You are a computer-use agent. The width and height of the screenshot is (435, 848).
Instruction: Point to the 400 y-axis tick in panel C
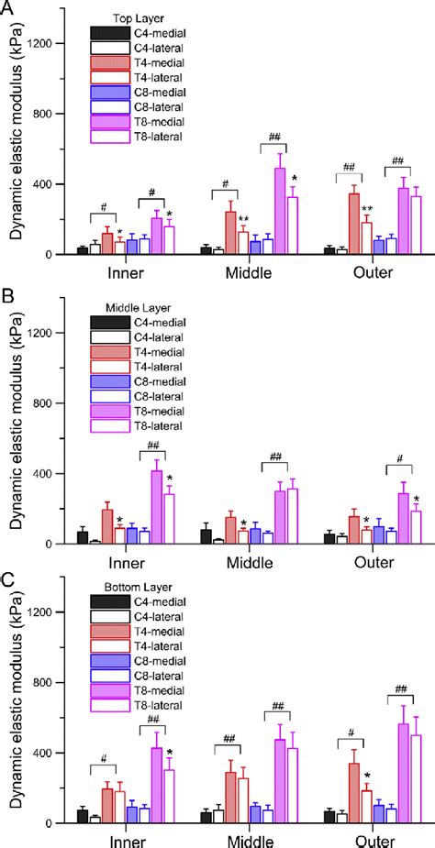(50, 753)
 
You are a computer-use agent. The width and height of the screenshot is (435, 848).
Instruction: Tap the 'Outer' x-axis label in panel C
(378, 842)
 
